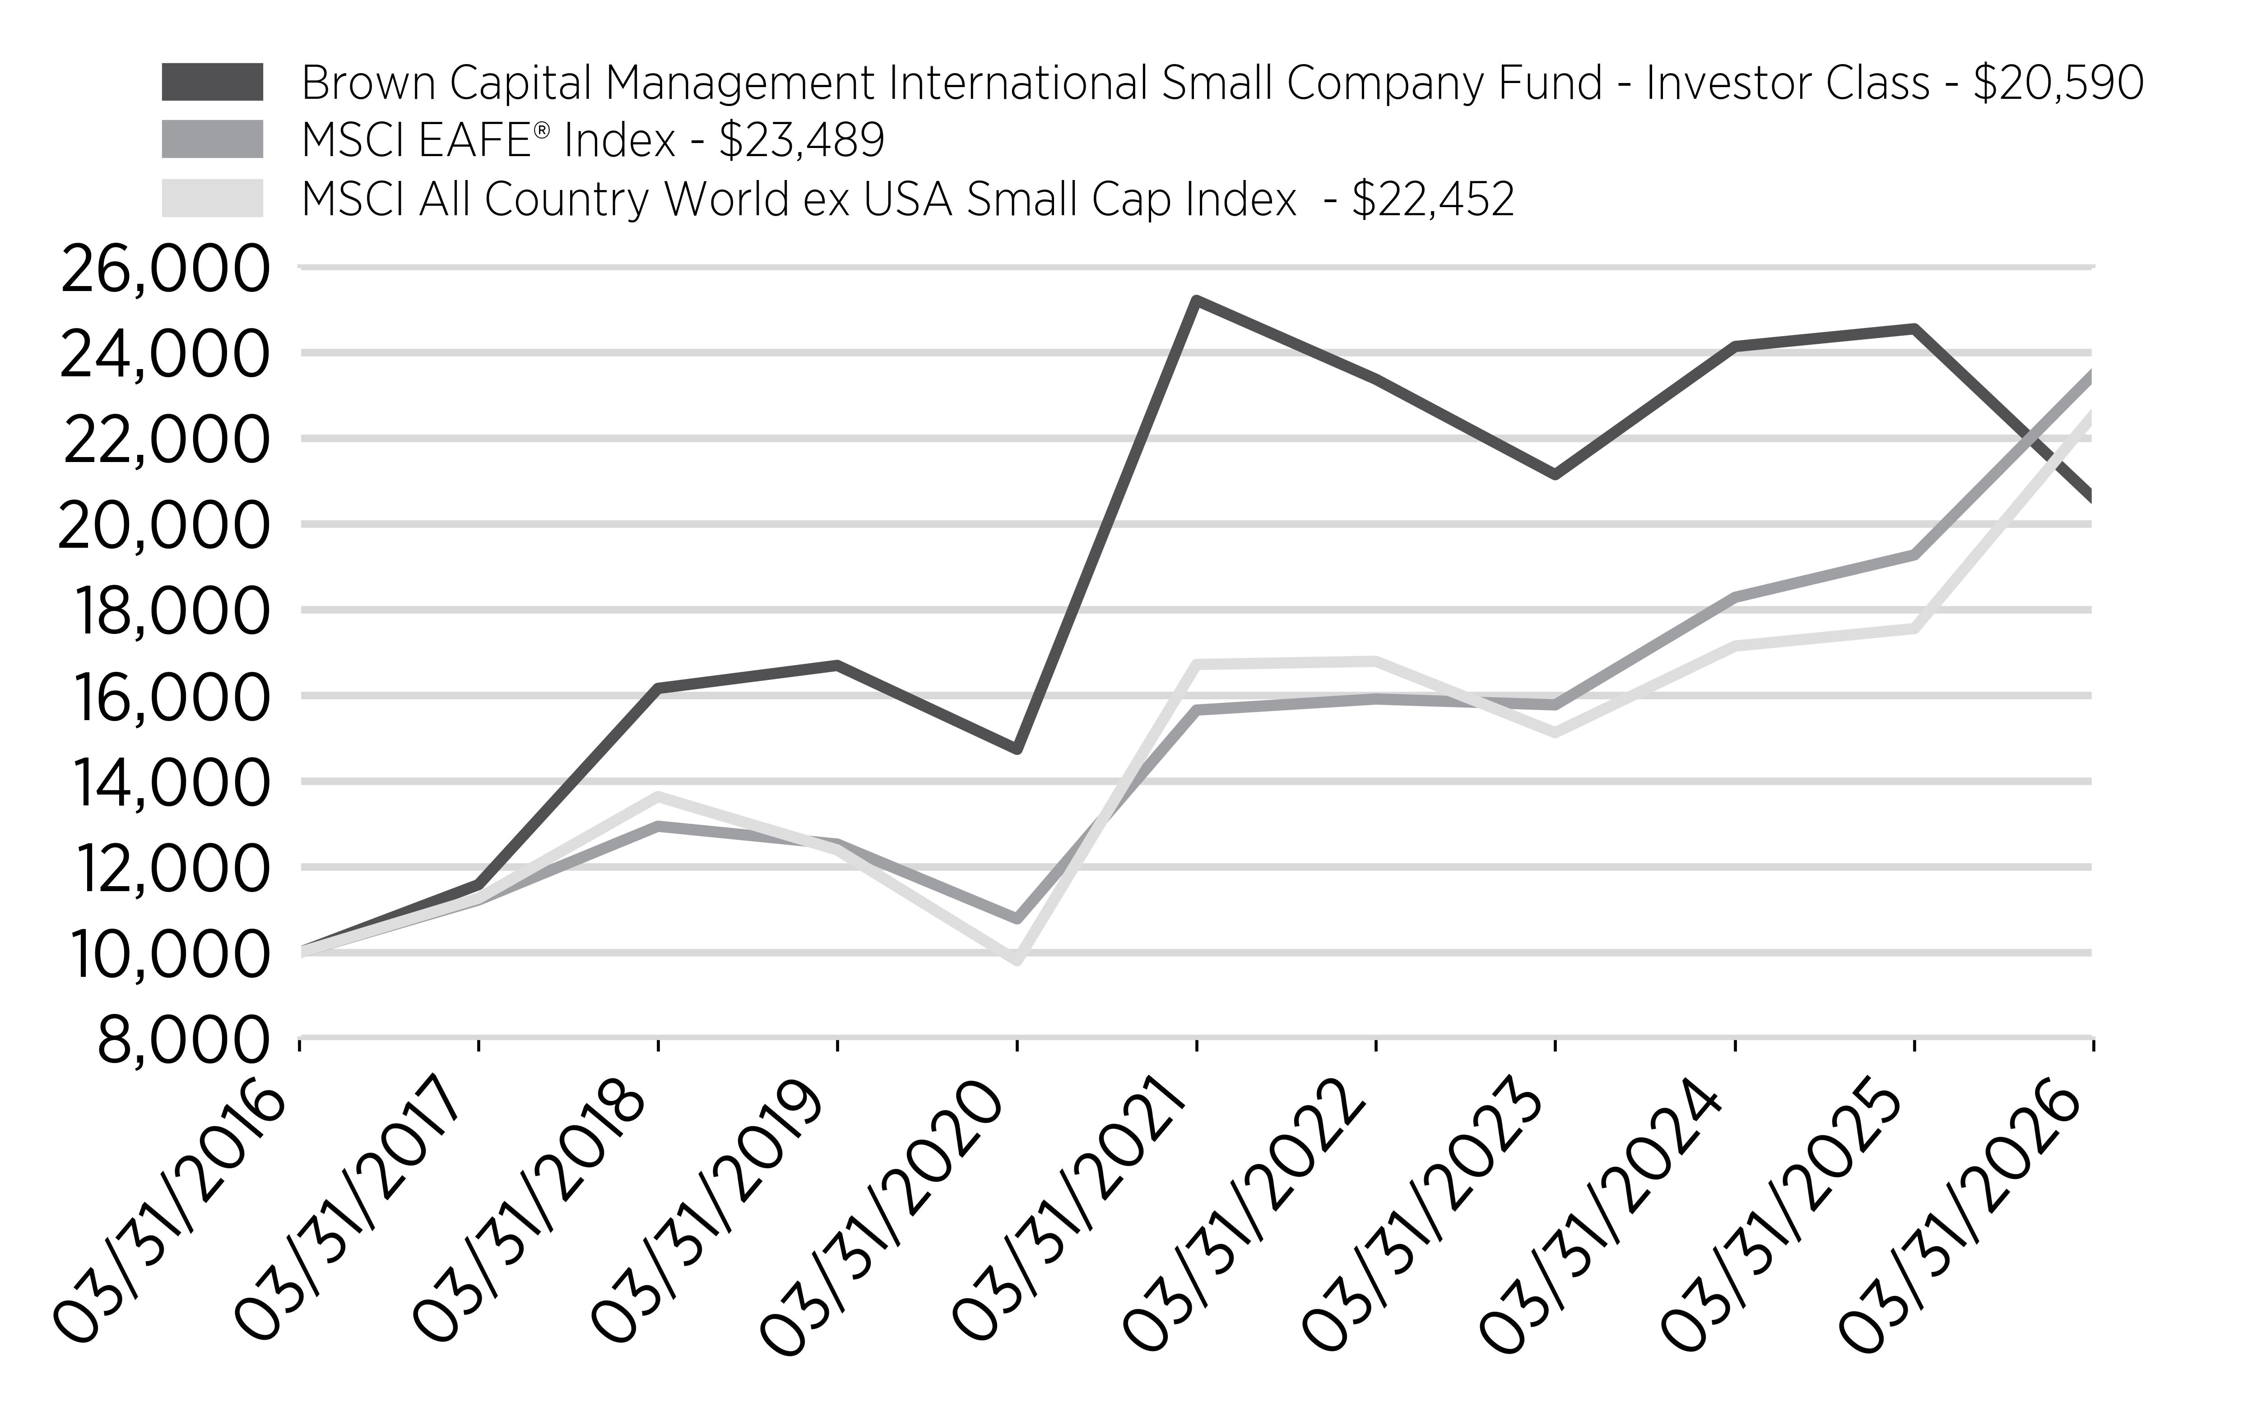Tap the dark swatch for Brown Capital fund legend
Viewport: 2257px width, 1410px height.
(213, 82)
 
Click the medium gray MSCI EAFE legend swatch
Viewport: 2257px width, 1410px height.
(213, 140)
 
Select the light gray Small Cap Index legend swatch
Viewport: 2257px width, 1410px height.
(213, 199)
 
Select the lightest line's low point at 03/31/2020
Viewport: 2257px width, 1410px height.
(1017, 960)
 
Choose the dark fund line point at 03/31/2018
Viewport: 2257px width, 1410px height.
(659, 688)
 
